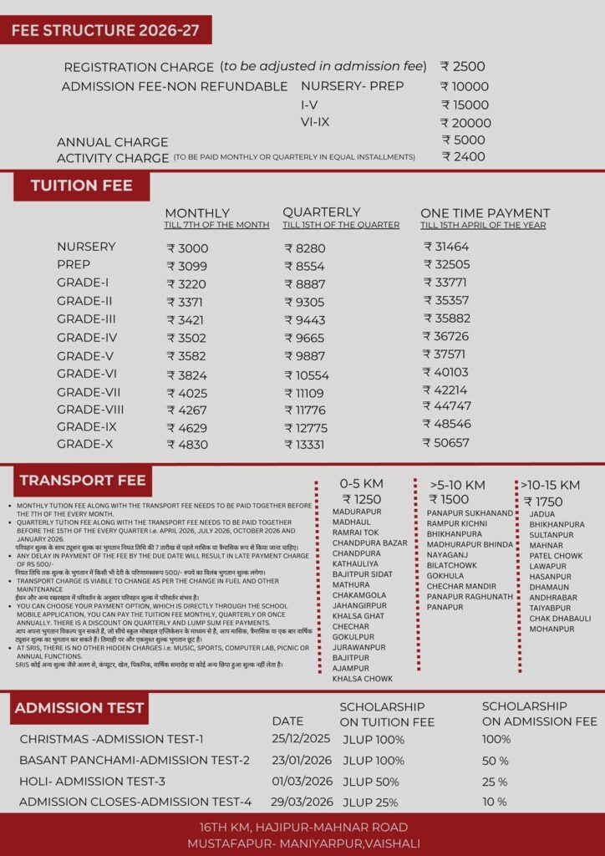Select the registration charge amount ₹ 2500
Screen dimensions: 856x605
[x=462, y=67]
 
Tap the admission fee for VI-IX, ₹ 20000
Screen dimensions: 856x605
[x=465, y=123]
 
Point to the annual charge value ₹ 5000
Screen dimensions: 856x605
[x=463, y=140]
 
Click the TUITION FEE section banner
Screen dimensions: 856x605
[x=81, y=186]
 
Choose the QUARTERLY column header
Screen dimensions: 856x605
[x=321, y=212]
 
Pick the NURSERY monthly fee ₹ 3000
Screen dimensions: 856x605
[x=187, y=248]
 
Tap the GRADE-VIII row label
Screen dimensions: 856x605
[x=90, y=409]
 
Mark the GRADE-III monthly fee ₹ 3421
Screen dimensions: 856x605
[x=187, y=319]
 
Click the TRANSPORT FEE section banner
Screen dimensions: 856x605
[x=83, y=481]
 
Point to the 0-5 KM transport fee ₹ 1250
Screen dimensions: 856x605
[x=361, y=499]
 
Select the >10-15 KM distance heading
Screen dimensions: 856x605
[x=550, y=485]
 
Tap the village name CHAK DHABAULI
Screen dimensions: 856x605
[x=560, y=618]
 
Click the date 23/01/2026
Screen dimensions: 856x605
[x=301, y=760]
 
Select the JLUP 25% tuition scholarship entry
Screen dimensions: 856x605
[x=371, y=802]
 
